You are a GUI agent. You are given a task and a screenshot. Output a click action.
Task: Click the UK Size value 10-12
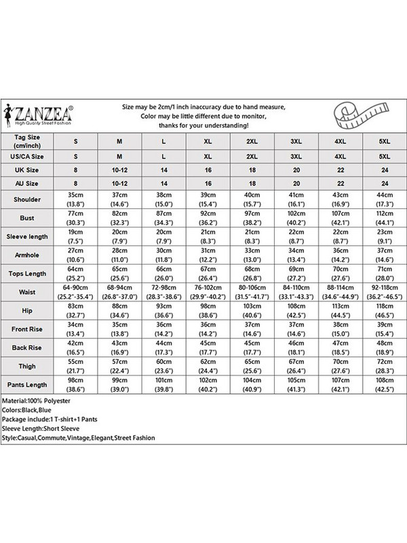(x=119, y=168)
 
